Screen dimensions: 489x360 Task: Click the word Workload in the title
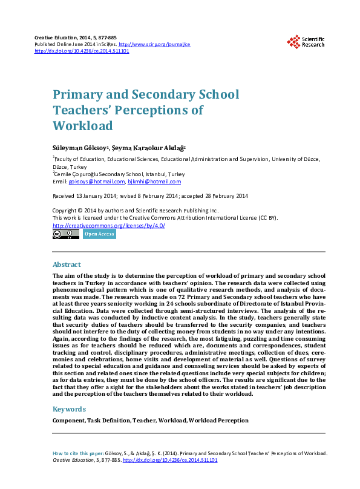tap(83, 126)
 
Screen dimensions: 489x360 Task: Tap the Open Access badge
tap(99, 234)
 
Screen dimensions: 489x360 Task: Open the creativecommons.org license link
tap(109, 225)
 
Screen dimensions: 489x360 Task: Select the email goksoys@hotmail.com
tap(97, 182)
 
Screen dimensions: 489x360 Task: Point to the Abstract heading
tap(67, 265)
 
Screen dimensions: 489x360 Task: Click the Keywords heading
tap(69, 409)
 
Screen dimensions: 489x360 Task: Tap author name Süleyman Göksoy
tap(79, 147)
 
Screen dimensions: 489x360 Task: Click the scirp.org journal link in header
tap(154, 45)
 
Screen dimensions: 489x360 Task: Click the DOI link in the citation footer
tap(170, 461)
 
